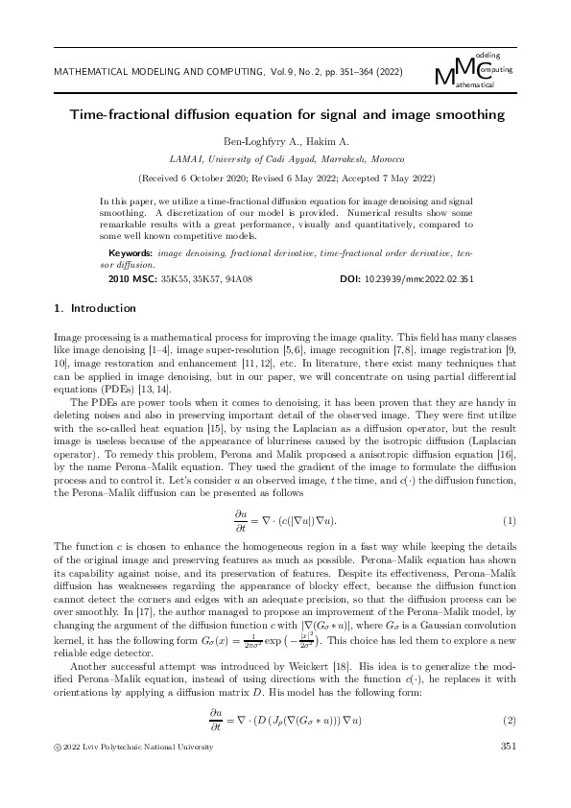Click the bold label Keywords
coord(131,253)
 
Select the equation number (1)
coord(510,521)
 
